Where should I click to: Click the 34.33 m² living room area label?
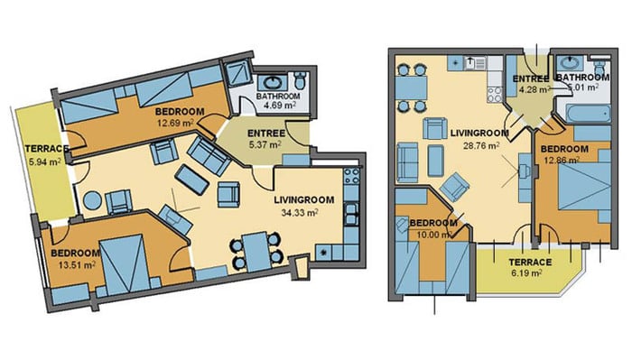300,212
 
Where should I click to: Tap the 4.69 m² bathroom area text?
280,106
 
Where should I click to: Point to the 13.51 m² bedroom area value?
77,264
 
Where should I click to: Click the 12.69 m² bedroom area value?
174,122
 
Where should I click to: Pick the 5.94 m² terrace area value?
44,162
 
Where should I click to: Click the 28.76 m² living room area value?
481,145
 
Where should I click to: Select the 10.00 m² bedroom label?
433,223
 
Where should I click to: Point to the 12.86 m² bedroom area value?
562,160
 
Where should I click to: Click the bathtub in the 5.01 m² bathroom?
587,114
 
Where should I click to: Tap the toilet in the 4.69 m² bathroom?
300,80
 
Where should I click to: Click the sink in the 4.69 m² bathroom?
272,82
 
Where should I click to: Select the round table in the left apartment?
92,199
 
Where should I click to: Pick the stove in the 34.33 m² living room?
351,176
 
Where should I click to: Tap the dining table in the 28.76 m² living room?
411,88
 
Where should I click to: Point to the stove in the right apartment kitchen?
495,95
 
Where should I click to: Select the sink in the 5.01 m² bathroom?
569,63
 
